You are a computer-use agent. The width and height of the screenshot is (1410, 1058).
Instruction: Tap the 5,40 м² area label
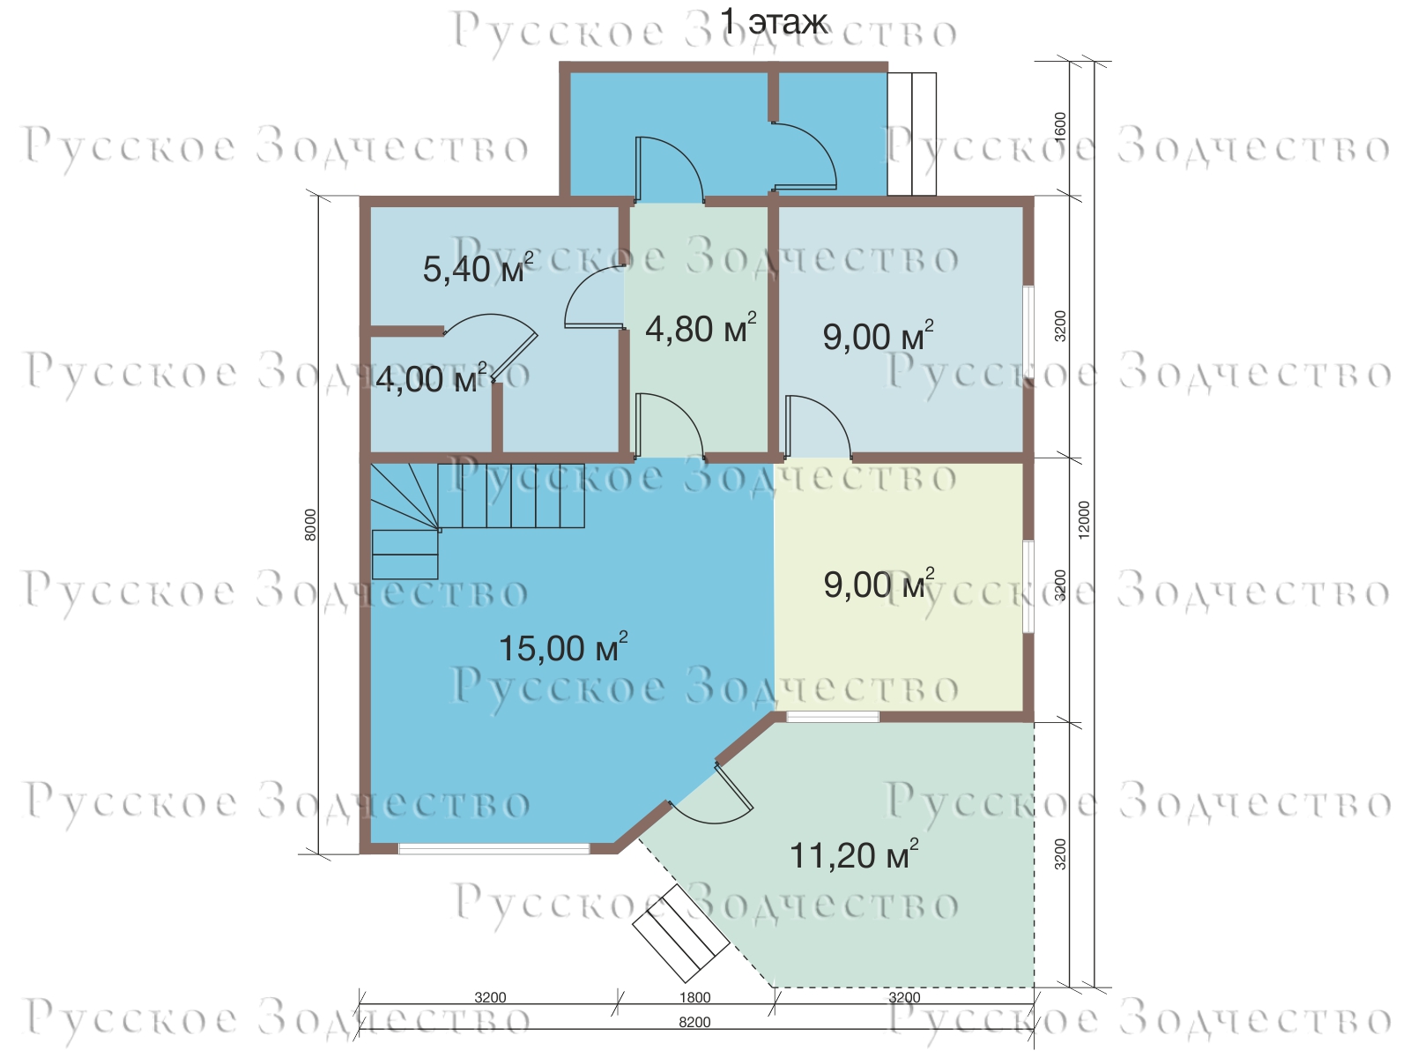[478, 268]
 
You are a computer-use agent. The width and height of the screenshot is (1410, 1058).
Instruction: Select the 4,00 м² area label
[431, 378]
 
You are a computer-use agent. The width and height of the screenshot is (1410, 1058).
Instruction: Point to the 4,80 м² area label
[701, 328]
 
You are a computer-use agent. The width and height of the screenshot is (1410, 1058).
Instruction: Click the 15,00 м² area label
[563, 647]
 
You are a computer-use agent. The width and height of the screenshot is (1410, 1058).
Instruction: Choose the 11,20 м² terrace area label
[853, 854]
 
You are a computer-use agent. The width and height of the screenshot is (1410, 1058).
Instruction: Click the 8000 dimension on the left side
[311, 525]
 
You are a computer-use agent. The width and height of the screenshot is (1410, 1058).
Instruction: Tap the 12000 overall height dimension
[1084, 519]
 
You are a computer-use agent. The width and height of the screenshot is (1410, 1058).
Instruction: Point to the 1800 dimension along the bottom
[695, 998]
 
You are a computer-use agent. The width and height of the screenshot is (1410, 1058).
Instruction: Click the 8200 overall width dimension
[695, 1022]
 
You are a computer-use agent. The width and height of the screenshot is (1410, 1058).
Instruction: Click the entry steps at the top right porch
[912, 134]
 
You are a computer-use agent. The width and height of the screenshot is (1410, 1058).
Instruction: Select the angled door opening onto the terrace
[713, 796]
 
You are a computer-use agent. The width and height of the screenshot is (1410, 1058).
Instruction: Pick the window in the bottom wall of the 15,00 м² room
[493, 848]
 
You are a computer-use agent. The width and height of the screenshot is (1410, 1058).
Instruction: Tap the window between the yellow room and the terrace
[833, 717]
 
